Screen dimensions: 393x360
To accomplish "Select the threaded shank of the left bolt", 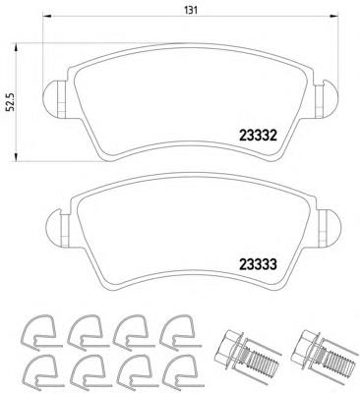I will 258,362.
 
